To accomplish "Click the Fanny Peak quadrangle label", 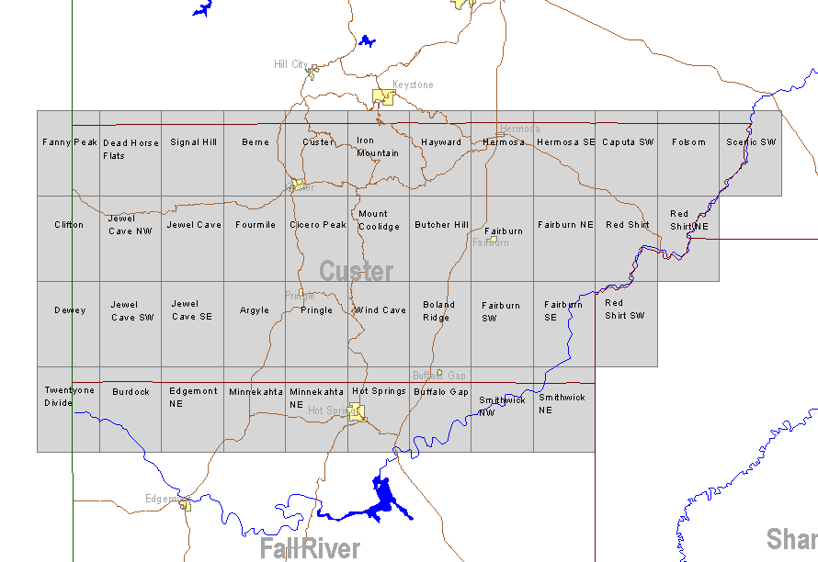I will pyautogui.click(x=70, y=142).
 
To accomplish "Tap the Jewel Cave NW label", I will pyautogui.click(x=130, y=225).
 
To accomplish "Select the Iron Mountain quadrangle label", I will pyautogui.click(x=378, y=147).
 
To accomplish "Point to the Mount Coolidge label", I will pyautogui.click(x=379, y=220).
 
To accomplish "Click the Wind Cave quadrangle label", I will pyautogui.click(x=381, y=310).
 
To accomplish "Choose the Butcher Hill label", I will pyautogui.click(x=441, y=225).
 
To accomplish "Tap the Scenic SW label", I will pyautogui.click(x=751, y=142).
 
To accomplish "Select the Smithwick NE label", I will pyautogui.click(x=562, y=404).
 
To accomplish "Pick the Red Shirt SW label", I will pyautogui.click(x=624, y=309).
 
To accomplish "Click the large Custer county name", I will pyautogui.click(x=357, y=272).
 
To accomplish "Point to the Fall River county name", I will pyautogui.click(x=310, y=549).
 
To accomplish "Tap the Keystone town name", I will pyautogui.click(x=413, y=84).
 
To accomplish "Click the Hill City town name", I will pyautogui.click(x=290, y=64).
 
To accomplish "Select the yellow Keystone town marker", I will pyautogui.click(x=382, y=96).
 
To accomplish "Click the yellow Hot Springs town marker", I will pyautogui.click(x=357, y=410).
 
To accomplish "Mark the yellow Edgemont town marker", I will pyautogui.click(x=185, y=504).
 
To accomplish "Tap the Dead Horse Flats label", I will pyautogui.click(x=130, y=150).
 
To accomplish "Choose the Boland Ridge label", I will pyautogui.click(x=438, y=311).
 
